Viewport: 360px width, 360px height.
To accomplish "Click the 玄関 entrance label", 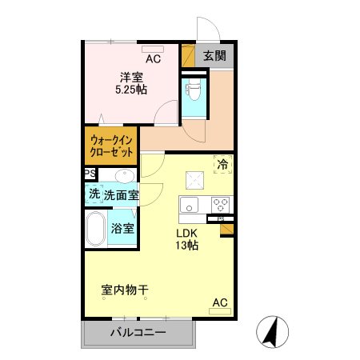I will (x=214, y=56).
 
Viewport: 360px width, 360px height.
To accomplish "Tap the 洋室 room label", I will (x=131, y=76).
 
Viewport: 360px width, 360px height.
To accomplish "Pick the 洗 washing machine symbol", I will (x=94, y=194).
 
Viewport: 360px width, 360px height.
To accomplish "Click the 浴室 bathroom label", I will (x=123, y=229).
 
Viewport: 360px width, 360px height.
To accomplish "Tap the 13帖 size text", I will (x=187, y=246).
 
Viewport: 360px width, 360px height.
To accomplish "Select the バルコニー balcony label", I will (x=138, y=333).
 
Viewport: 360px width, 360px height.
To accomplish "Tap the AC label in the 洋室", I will (x=153, y=59).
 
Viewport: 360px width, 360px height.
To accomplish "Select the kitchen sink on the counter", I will (x=192, y=203).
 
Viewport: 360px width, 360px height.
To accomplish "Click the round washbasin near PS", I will (x=122, y=176).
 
